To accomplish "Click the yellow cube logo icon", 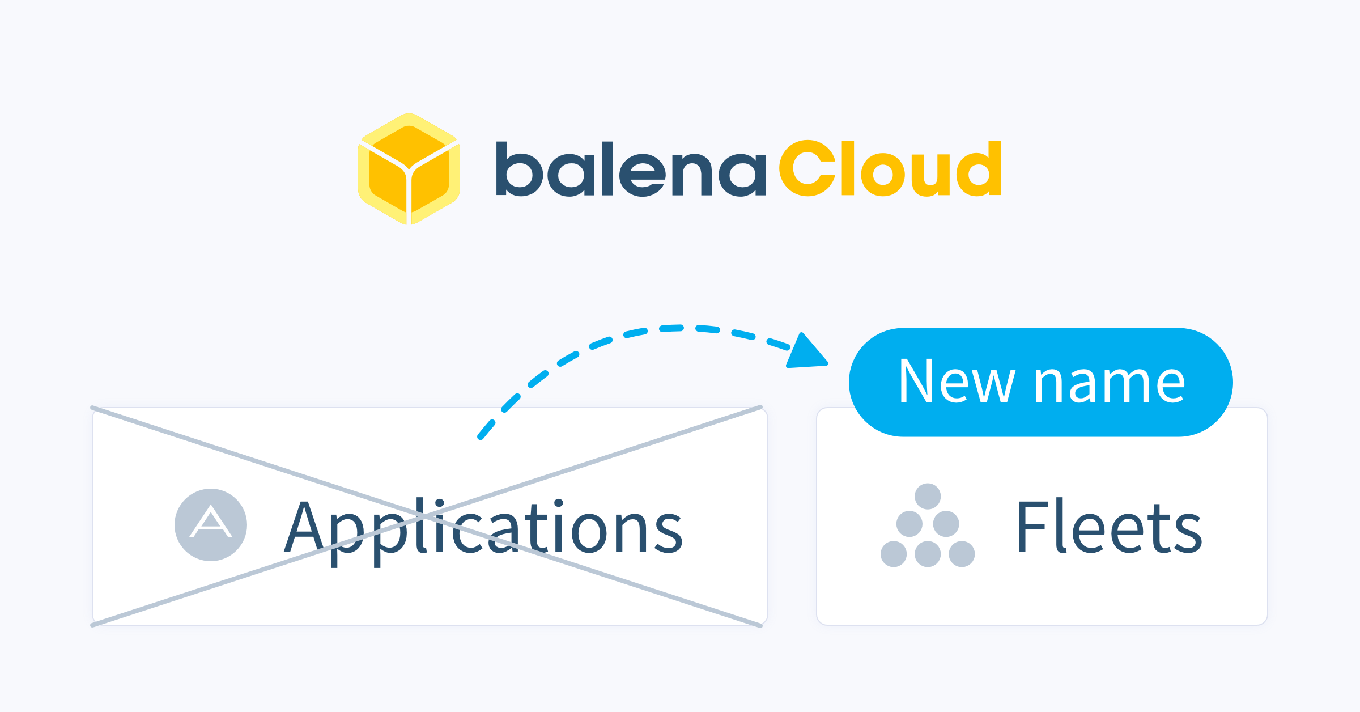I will point(409,169).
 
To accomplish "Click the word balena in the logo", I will point(630,169).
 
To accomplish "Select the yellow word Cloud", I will point(890,168).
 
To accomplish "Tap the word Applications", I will point(483,528).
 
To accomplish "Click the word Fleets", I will point(1108,528).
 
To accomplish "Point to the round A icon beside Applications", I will point(211,525).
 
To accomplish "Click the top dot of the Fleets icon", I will point(928,497).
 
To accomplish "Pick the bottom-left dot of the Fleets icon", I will point(894,554).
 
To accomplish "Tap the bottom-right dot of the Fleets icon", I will point(962,554).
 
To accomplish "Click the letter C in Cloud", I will point(807,168).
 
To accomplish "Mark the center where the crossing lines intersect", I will point(427,516).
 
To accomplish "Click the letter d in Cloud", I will point(979,168).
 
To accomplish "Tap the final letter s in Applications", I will point(669,533).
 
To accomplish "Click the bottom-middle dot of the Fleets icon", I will point(928,554).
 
